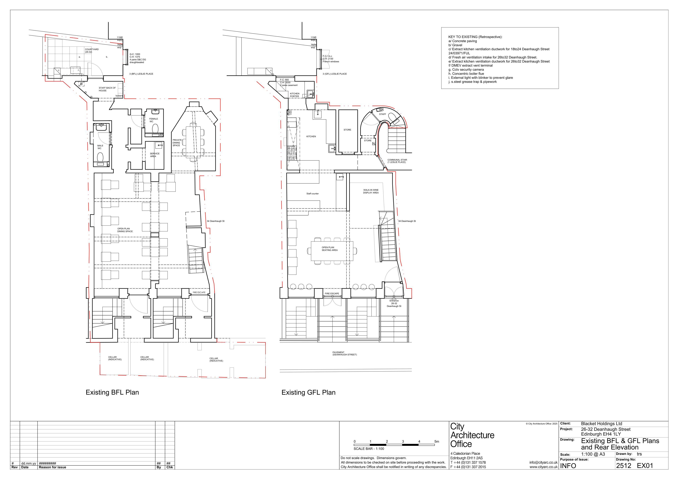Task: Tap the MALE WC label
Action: click(x=100, y=147)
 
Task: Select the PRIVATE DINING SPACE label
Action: click(x=177, y=143)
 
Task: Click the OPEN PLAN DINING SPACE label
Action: click(x=125, y=230)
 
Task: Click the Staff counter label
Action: click(x=312, y=194)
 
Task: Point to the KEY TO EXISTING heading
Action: click(x=475, y=37)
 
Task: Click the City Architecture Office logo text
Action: click(x=472, y=435)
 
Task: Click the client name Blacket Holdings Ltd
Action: click(x=602, y=424)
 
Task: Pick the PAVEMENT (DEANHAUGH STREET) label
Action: click(x=344, y=353)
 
